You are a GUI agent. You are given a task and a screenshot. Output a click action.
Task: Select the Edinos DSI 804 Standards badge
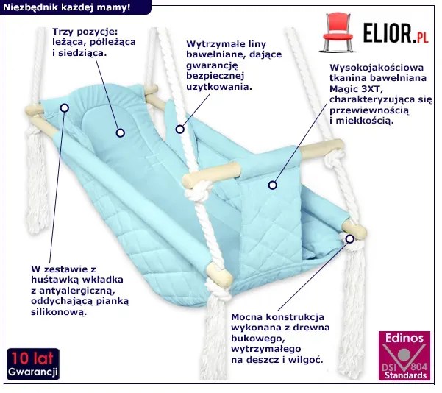[404, 355]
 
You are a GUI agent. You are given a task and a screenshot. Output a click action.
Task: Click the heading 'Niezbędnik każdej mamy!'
[67, 7]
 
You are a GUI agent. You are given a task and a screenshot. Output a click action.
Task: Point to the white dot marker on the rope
[178, 130]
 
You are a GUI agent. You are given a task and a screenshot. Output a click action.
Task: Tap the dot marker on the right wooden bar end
[350, 237]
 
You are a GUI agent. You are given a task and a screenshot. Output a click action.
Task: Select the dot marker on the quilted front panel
[271, 185]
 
